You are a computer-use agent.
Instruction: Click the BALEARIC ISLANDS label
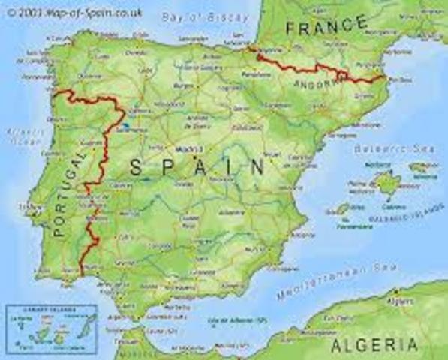coord(398,218)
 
